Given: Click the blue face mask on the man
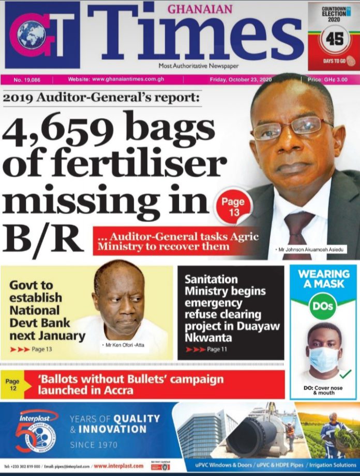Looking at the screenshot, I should point(323,359).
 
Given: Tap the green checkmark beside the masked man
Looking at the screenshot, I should point(346,373).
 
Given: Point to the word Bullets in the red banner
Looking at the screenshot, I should point(143,379).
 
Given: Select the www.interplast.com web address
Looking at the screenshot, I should point(118,466).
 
